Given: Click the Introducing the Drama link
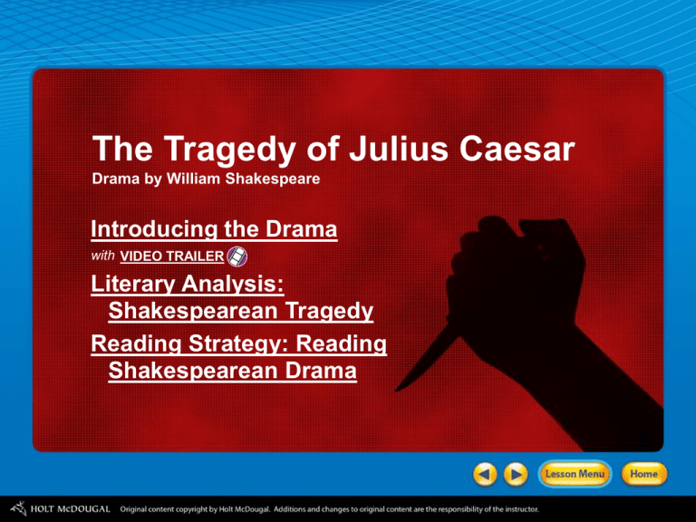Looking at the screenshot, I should point(215,230).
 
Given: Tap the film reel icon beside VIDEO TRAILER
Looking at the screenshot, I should point(237,256).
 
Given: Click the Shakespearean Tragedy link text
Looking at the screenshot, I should point(240,313).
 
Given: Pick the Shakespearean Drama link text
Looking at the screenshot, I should point(230,372).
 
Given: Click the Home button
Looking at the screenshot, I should point(647,473).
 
